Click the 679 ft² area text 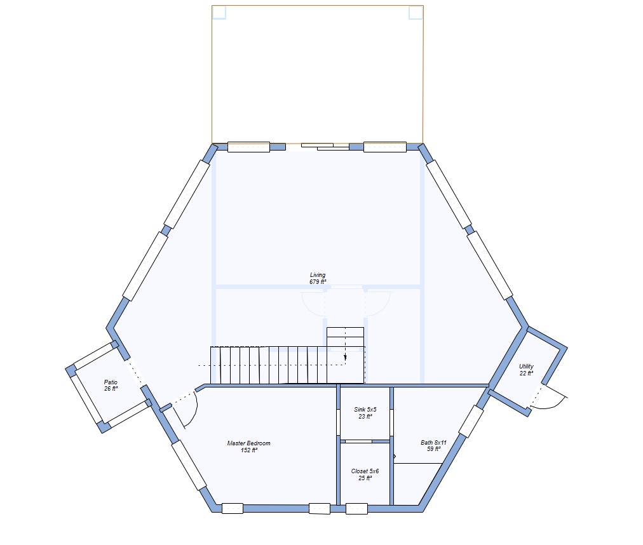point(318,282)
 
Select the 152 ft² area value point(249,450)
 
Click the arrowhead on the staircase point(345,358)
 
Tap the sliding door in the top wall point(325,146)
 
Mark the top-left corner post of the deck point(219,12)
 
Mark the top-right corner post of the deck point(416,12)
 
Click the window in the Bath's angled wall point(471,421)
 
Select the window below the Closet point(357,509)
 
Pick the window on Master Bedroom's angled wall point(189,465)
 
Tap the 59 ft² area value point(434,450)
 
